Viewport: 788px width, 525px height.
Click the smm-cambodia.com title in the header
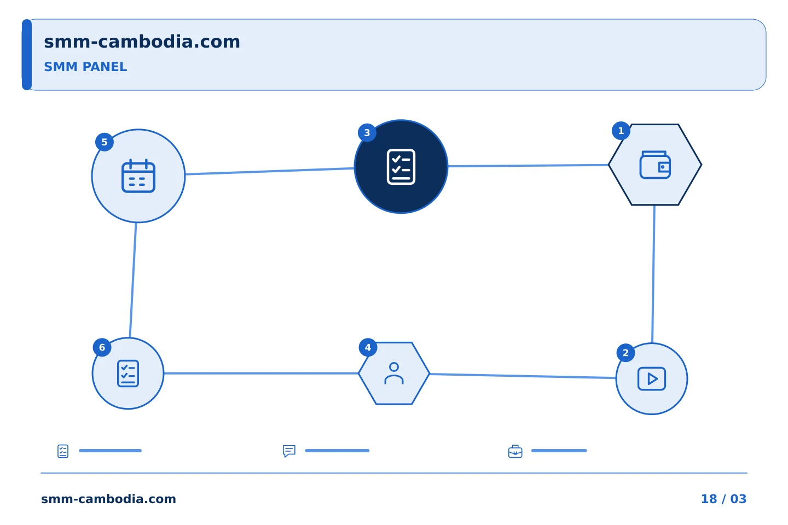coord(142,42)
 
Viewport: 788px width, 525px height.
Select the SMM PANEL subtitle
coord(85,67)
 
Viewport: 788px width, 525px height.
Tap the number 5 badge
coord(105,142)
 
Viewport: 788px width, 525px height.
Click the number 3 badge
coord(367,132)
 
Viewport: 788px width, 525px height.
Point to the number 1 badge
coord(621,131)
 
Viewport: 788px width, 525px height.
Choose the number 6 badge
coord(102,347)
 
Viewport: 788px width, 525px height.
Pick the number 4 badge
coord(368,347)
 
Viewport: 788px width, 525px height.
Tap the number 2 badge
coord(625,353)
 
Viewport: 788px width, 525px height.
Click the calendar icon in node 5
coord(138,176)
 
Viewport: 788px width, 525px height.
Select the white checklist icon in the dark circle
coord(401,167)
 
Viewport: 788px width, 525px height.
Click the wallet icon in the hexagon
coord(655,165)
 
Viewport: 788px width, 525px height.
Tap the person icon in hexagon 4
coord(394,373)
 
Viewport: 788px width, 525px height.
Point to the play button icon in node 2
coord(652,379)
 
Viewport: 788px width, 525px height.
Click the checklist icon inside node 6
coord(128,374)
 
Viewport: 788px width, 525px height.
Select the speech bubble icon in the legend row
coord(289,451)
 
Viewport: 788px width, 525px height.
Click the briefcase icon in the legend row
coord(515,451)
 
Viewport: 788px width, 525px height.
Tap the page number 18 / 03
coord(723,499)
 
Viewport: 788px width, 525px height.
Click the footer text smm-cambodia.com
coord(108,499)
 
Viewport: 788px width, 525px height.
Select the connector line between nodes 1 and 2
coord(653,274)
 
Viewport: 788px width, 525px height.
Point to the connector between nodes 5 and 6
coord(133,280)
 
